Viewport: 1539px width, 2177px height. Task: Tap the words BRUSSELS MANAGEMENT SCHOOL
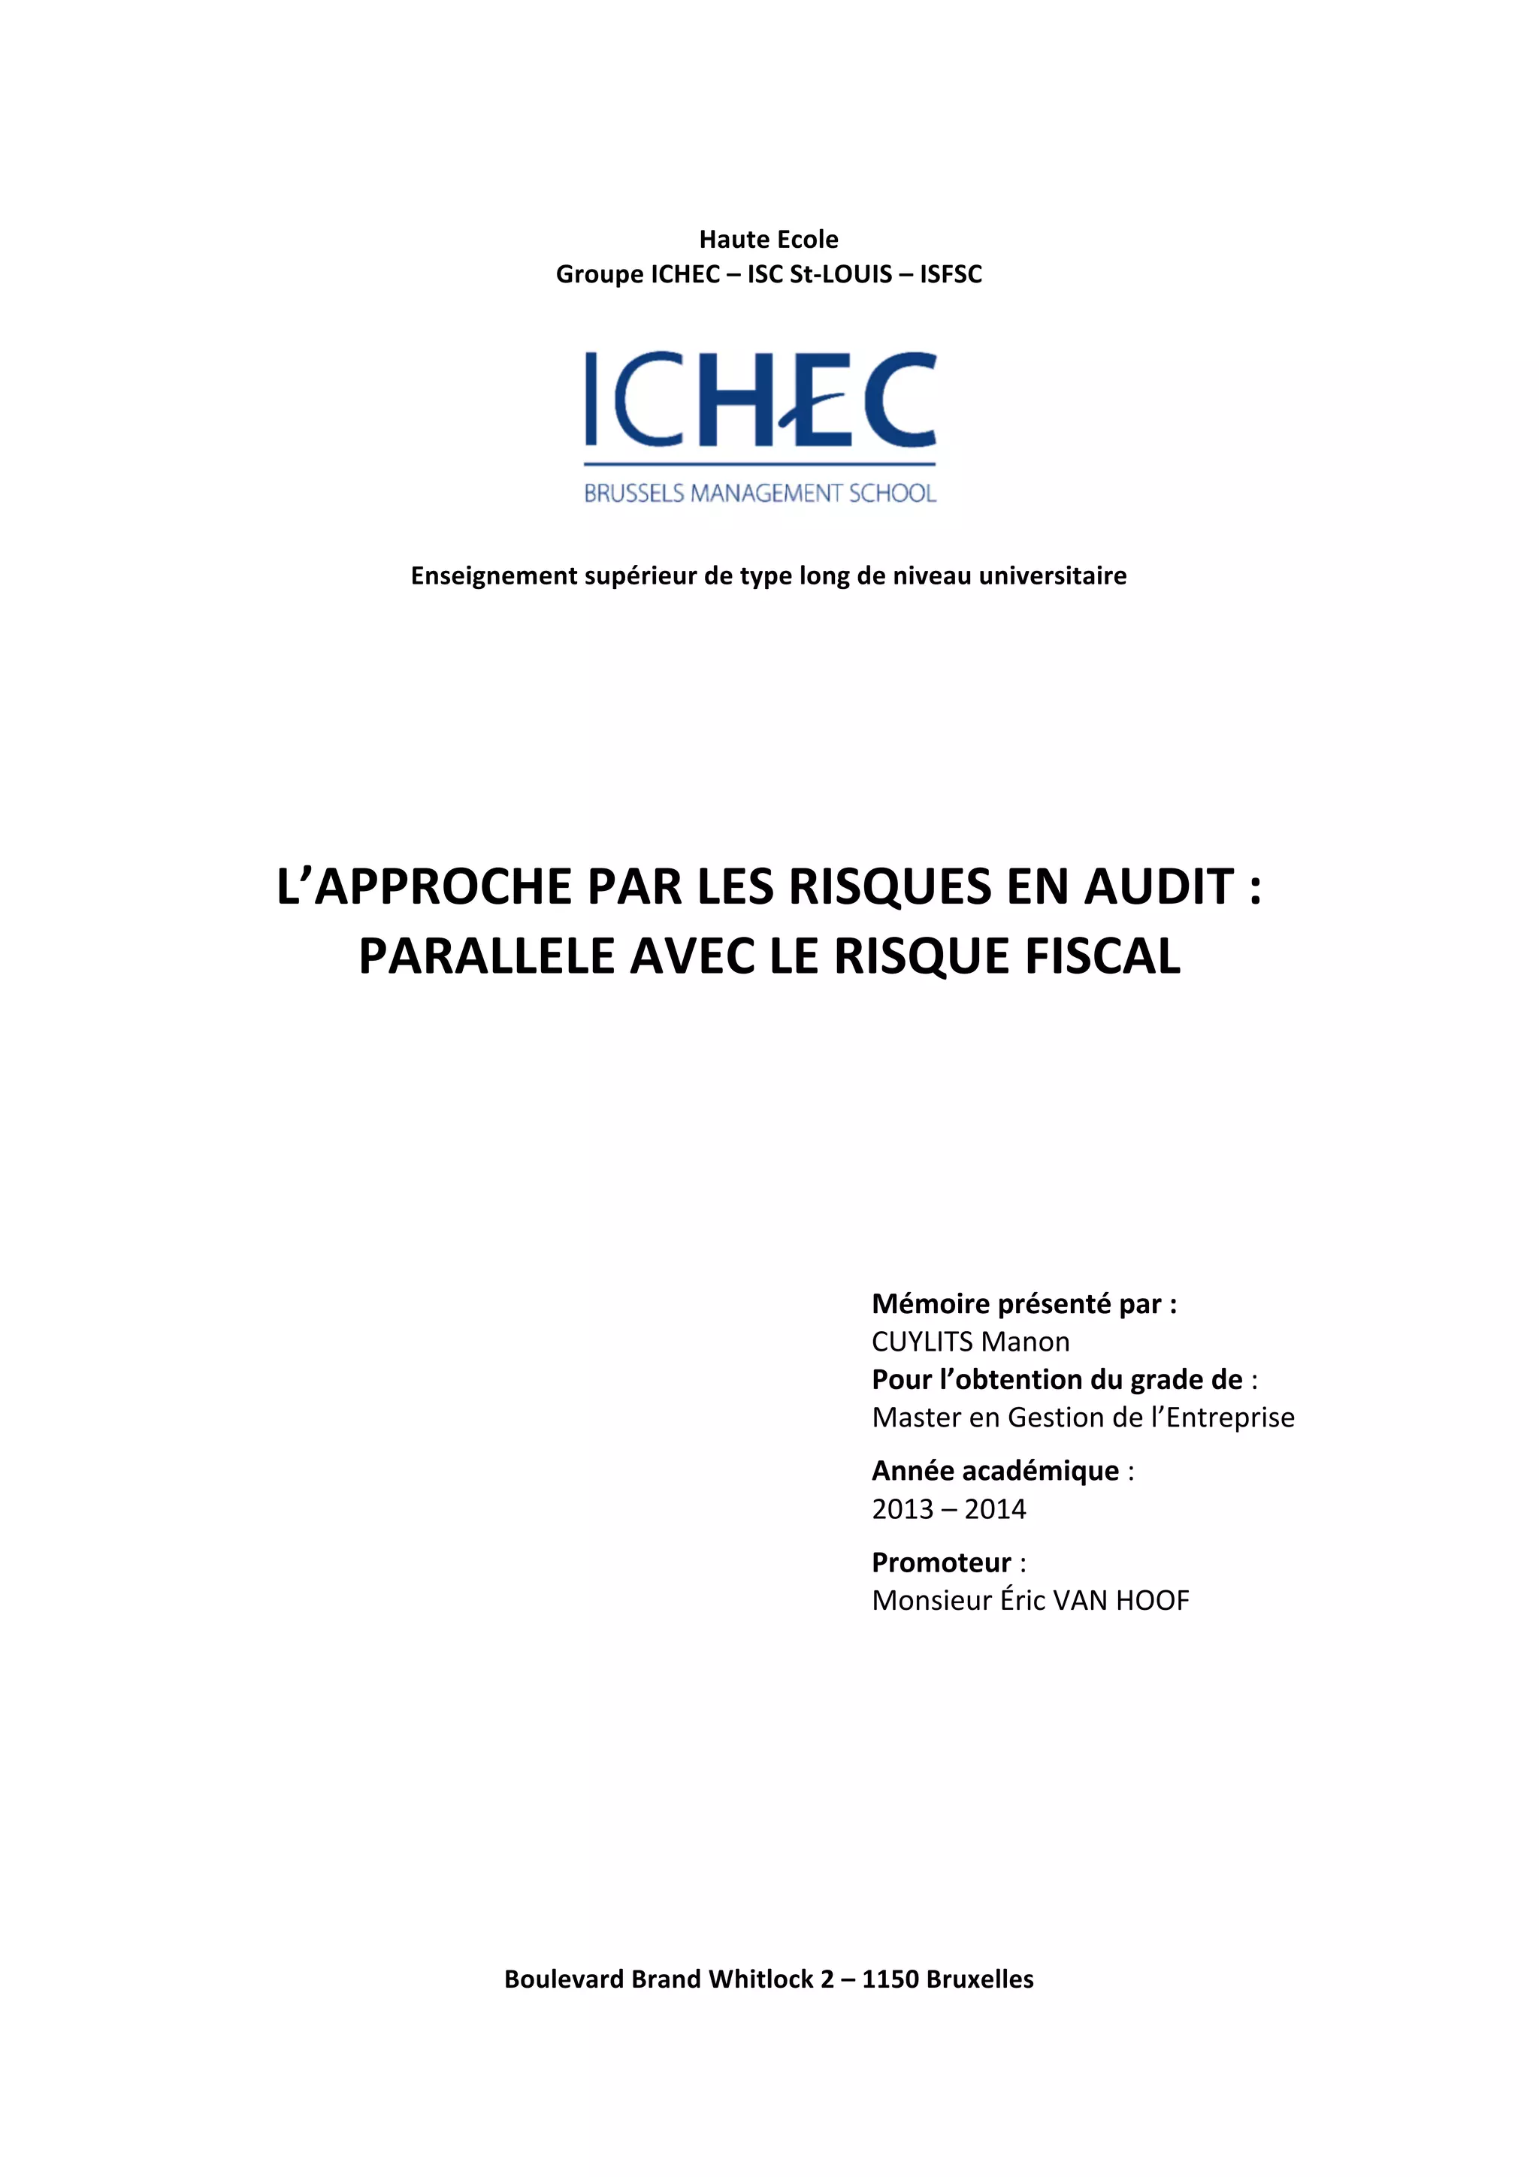760,493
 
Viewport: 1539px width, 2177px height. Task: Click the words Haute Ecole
768,239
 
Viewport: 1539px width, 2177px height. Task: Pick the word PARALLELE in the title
486,956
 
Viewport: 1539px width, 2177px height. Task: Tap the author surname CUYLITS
922,1342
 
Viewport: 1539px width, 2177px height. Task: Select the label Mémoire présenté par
1023,1304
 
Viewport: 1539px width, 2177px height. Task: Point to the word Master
916,1417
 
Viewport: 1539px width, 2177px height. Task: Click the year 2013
903,1508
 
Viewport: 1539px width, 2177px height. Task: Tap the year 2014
995,1508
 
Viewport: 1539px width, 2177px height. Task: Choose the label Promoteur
942,1562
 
